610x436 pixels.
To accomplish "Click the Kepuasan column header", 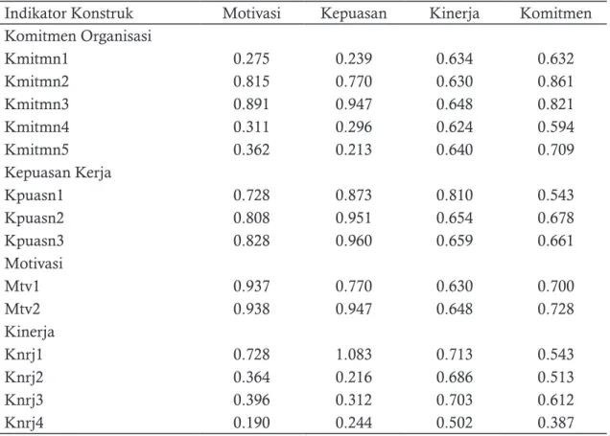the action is click(x=354, y=14).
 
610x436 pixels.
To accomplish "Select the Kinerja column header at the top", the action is click(x=455, y=14).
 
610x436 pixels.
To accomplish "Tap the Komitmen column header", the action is click(x=555, y=13).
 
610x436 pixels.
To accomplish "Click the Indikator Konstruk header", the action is click(x=69, y=13).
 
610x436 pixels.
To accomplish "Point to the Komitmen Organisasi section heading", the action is click(x=78, y=36).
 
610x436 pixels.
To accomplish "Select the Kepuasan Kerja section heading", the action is click(x=58, y=172).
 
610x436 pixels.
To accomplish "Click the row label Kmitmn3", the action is click(x=36, y=104).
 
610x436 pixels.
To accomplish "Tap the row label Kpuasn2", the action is click(x=35, y=218).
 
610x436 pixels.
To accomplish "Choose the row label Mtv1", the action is click(x=22, y=287).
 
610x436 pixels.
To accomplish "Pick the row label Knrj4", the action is click(x=24, y=424).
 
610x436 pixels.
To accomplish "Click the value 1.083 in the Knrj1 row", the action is click(x=354, y=355).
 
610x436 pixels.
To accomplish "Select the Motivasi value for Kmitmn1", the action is click(x=251, y=58).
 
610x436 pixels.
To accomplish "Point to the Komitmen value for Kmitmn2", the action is click(x=555, y=81).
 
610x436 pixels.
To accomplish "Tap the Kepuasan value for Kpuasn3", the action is click(x=354, y=241).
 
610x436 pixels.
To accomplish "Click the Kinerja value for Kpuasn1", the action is click(x=455, y=195).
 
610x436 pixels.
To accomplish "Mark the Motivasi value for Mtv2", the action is click(x=251, y=310).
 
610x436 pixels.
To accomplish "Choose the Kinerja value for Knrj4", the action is click(x=455, y=423).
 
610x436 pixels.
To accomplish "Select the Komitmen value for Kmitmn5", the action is click(x=555, y=150).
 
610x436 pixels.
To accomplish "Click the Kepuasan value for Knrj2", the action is click(x=354, y=378).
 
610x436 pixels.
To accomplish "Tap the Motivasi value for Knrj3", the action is click(x=251, y=401).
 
